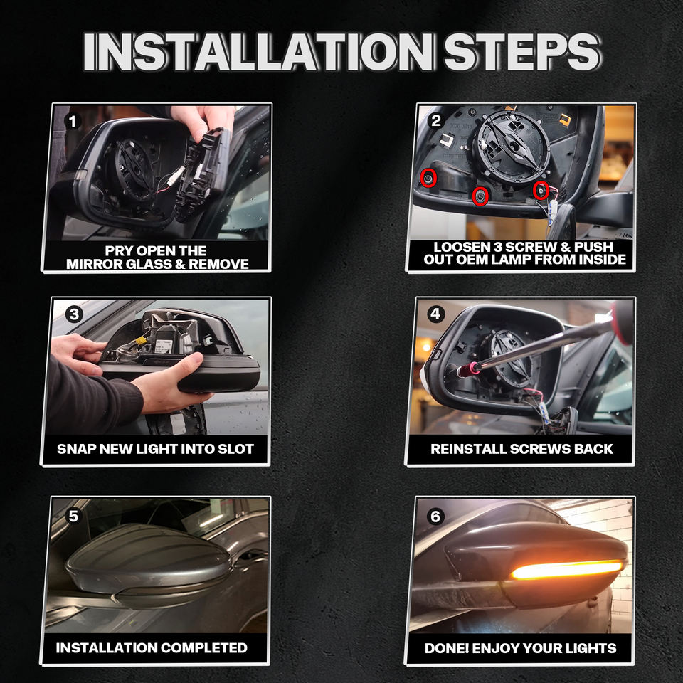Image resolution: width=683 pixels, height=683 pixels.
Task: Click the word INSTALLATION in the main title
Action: click(259, 52)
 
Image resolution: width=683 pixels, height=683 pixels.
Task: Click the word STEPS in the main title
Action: click(522, 52)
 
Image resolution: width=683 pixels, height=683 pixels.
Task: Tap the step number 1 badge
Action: click(73, 121)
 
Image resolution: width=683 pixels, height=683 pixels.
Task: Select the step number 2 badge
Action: click(435, 121)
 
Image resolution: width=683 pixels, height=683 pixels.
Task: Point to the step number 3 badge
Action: click(74, 314)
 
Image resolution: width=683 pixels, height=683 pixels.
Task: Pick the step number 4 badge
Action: click(436, 314)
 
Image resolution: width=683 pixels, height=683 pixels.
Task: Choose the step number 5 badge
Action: click(73, 516)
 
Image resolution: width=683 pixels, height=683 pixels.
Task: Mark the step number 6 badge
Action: click(435, 517)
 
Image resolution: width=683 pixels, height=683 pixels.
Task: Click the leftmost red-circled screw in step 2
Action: click(428, 178)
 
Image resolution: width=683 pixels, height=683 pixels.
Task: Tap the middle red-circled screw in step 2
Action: click(480, 196)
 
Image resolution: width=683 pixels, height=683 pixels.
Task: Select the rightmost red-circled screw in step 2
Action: click(541, 190)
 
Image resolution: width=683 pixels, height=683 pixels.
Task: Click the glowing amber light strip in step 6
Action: click(567, 570)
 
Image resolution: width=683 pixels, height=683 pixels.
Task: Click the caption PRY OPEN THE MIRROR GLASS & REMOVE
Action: click(157, 258)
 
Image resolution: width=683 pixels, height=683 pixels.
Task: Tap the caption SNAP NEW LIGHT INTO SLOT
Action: click(156, 449)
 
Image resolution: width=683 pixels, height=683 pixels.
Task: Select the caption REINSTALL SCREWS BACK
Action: click(521, 449)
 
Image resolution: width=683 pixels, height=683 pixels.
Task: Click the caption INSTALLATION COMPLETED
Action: click(152, 647)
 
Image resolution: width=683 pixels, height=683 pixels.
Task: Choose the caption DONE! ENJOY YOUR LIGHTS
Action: click(521, 648)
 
